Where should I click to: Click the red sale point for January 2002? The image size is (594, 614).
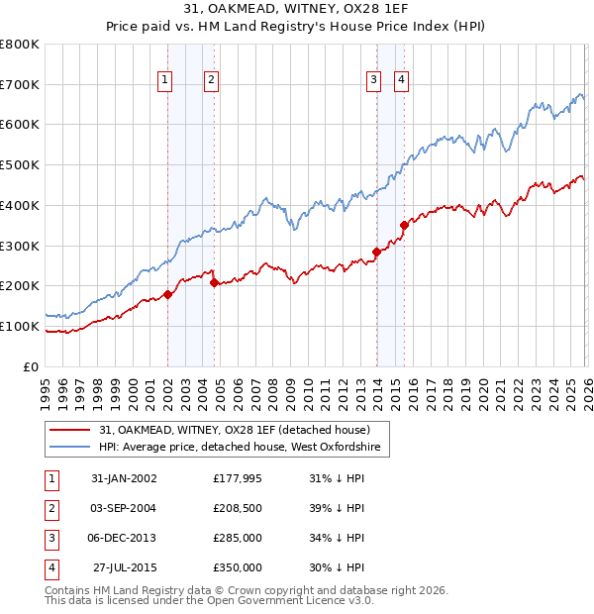click(168, 294)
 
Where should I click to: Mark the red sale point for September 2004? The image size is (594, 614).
click(215, 282)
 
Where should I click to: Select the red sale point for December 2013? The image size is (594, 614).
click(377, 252)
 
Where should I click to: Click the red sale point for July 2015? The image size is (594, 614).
click(404, 225)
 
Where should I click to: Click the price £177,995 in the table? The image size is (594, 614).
click(237, 478)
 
